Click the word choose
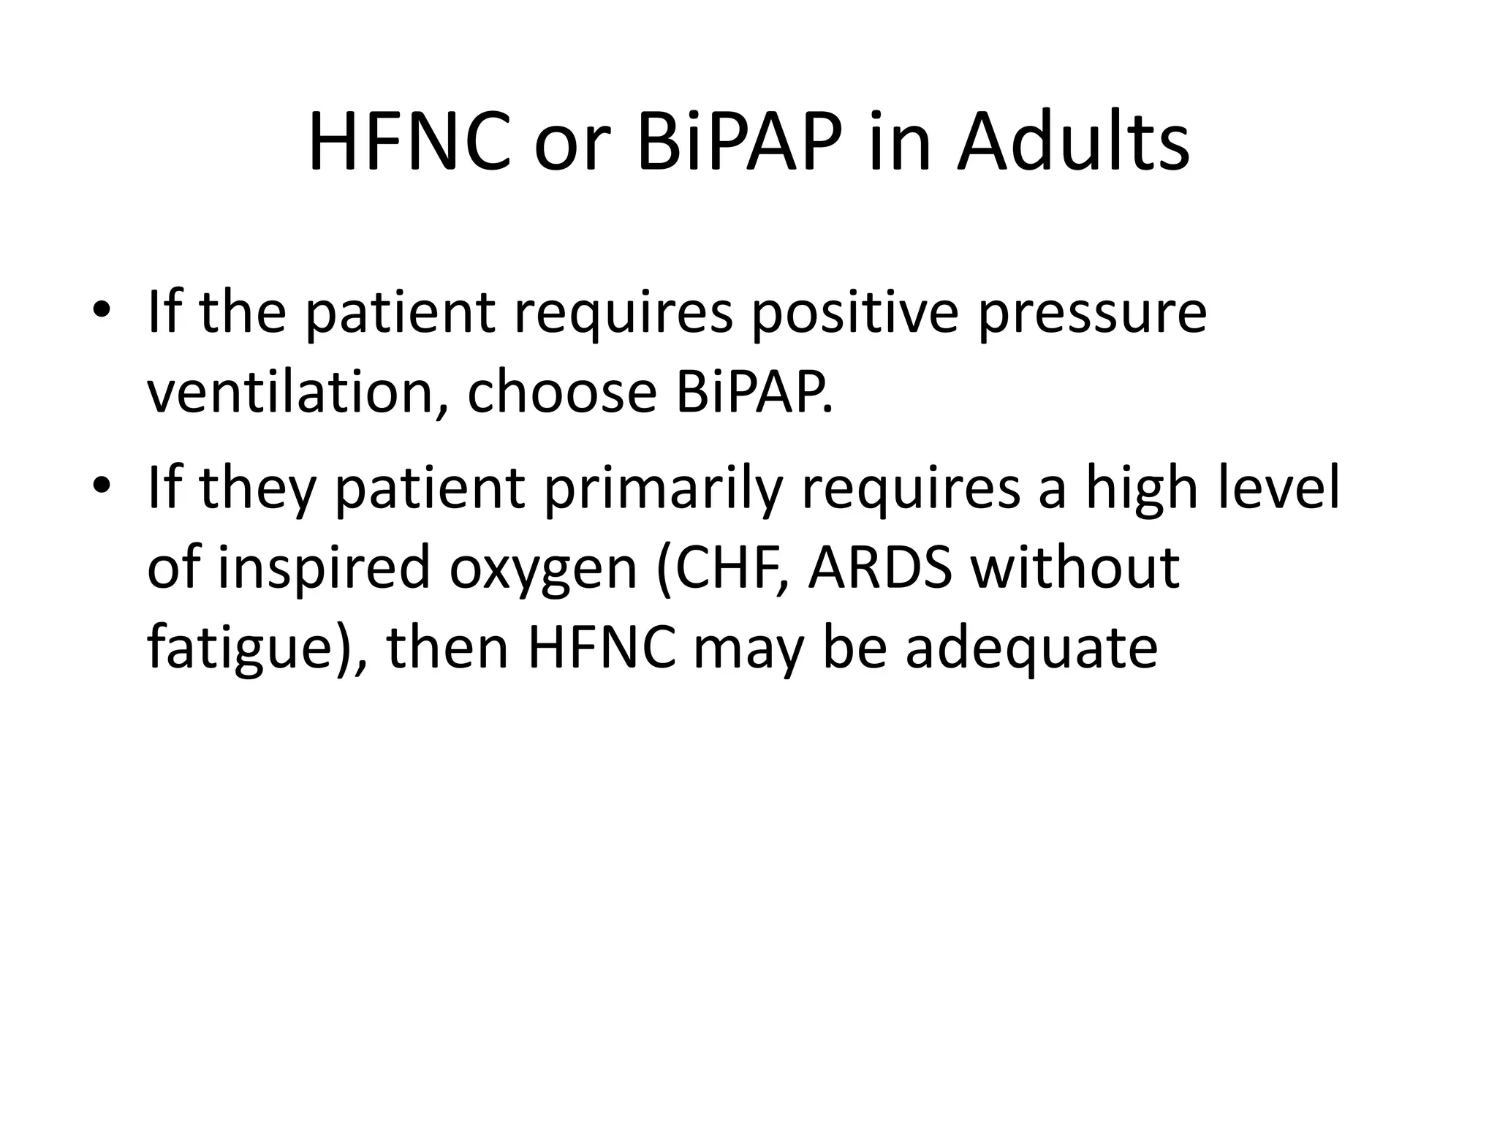coord(561,392)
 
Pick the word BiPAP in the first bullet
coord(753,392)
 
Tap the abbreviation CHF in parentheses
coord(721,568)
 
